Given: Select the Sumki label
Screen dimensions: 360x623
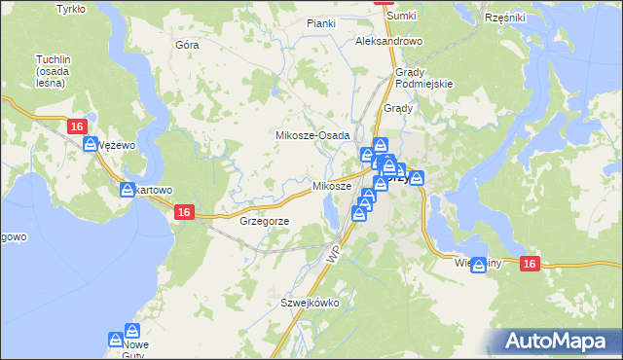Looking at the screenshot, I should click(400, 17).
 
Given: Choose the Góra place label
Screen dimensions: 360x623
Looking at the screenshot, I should click(186, 45).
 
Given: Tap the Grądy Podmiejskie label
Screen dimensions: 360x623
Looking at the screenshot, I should click(424, 79).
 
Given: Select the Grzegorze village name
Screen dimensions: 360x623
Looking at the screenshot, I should click(263, 221).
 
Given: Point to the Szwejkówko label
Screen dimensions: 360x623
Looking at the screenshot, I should click(310, 303).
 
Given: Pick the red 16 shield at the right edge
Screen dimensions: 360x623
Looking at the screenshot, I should click(530, 264).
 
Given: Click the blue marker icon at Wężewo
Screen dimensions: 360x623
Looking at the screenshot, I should click(91, 144).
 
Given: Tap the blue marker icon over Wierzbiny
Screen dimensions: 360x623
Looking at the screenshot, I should click(478, 264).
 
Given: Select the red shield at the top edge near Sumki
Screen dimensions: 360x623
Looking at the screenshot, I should click(383, 3).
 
